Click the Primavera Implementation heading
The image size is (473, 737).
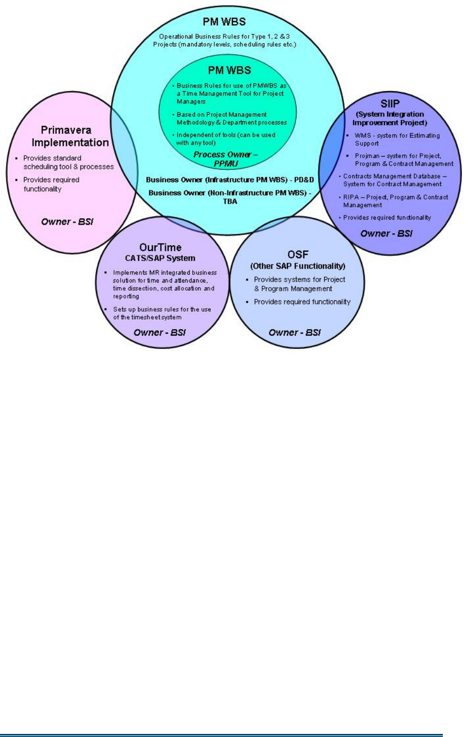tap(70, 136)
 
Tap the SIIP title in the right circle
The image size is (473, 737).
tap(390, 103)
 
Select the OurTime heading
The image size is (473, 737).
tap(160, 247)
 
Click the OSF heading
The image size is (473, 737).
tap(298, 254)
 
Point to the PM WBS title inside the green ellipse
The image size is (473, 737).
tap(229, 70)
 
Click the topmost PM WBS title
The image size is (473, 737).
tap(224, 21)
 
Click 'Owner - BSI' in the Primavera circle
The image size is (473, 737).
tap(67, 222)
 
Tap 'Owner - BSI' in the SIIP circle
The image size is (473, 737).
tap(386, 233)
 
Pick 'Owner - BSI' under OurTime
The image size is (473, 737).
tap(160, 332)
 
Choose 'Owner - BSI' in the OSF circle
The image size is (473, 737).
tap(295, 332)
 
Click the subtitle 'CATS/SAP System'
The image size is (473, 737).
tap(160, 258)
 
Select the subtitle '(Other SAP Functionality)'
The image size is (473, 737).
tap(298, 266)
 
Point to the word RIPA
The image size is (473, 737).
tap(351, 197)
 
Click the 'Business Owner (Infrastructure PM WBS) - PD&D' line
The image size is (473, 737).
tap(230, 180)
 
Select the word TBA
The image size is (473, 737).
tap(230, 201)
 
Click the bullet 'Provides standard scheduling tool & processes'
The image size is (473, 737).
tap(68, 162)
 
